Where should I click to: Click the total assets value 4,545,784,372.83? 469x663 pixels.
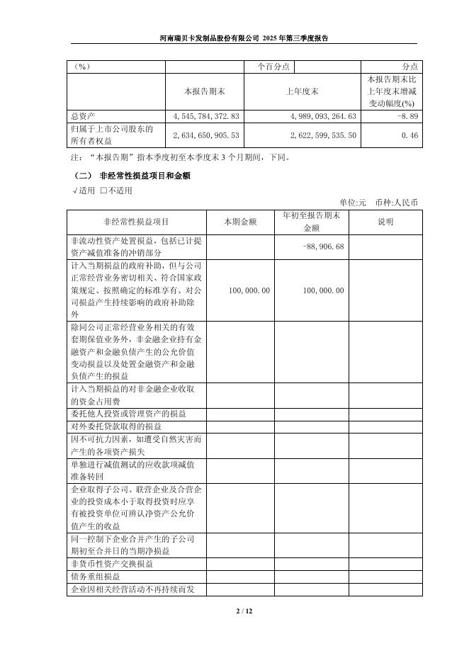pyautogui.click(x=206, y=115)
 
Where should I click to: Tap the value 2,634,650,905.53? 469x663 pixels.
pyautogui.click(x=206, y=135)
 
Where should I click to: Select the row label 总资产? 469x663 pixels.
pyautogui.click(x=84, y=115)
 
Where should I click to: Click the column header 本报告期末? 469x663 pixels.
pyautogui.click(x=204, y=91)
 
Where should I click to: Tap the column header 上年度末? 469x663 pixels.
pyautogui.click(x=302, y=91)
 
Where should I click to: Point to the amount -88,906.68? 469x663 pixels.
pyautogui.click(x=324, y=246)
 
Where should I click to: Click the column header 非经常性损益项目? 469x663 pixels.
pyautogui.click(x=136, y=222)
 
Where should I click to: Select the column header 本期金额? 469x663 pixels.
pyautogui.click(x=242, y=222)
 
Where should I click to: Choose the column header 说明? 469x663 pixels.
pyautogui.click(x=385, y=222)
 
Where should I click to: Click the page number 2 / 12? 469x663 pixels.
pyautogui.click(x=234, y=611)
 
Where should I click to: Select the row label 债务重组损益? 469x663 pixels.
pyautogui.click(x=96, y=577)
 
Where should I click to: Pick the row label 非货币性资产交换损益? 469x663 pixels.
pyautogui.click(x=111, y=565)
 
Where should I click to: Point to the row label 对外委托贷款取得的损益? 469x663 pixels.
pyautogui.click(x=116, y=426)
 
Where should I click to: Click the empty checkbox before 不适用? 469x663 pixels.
pyautogui.click(x=103, y=190)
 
